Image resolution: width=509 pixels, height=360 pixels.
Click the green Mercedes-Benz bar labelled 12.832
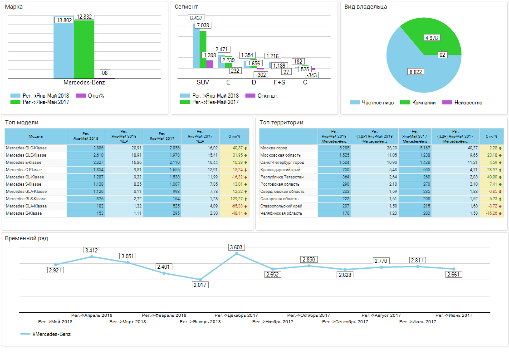84,50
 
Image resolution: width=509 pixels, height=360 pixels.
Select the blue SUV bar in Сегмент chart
196,45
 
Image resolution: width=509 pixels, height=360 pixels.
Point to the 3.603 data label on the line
236,247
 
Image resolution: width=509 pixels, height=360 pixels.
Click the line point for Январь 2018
200,279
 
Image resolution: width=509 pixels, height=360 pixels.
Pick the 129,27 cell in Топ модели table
234,199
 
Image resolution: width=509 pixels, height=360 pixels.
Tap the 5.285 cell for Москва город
335,148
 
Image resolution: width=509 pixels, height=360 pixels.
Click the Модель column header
36,136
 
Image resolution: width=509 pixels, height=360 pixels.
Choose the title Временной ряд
26,238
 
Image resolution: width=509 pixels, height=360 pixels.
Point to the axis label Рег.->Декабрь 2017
236,315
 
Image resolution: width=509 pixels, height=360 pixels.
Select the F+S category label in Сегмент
279,83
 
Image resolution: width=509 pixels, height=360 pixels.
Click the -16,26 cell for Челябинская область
491,213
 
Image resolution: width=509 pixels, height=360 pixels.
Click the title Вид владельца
365,7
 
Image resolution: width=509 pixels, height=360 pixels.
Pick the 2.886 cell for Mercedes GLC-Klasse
86,148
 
